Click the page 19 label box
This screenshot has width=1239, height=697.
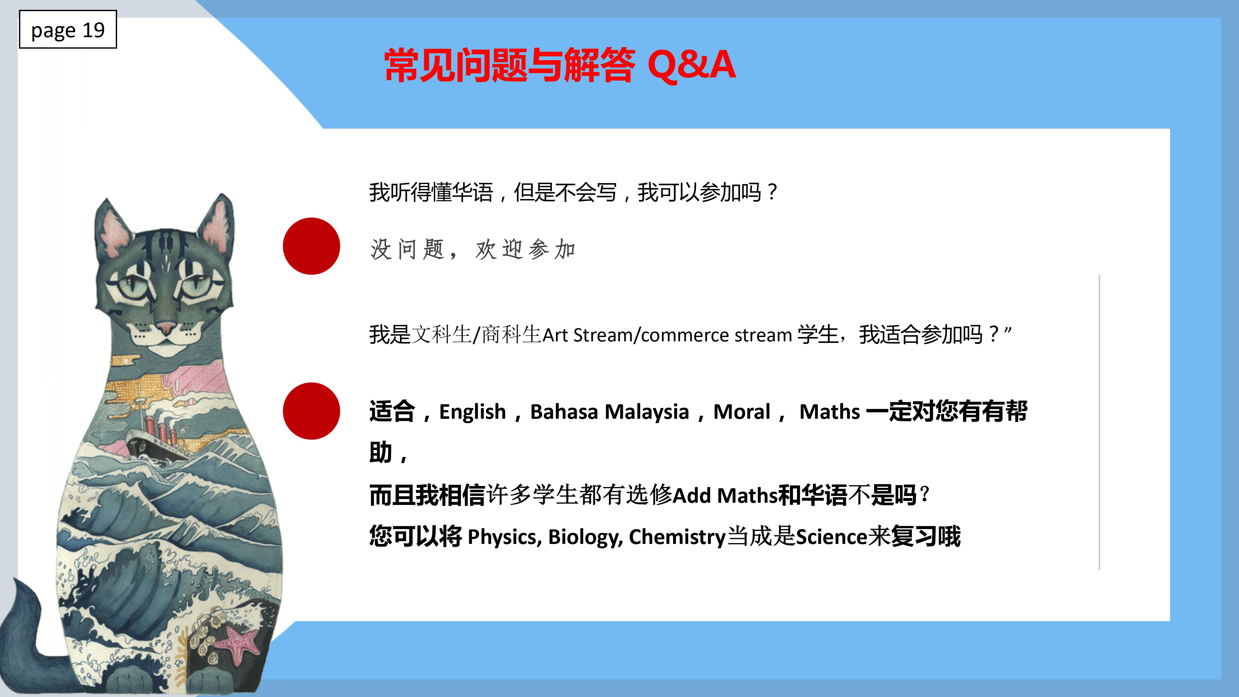(68, 29)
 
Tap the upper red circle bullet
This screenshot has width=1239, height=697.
(311, 246)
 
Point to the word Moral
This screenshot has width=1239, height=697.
(742, 412)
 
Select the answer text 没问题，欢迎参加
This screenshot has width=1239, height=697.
(473, 249)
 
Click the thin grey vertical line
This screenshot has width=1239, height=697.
(1100, 422)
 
